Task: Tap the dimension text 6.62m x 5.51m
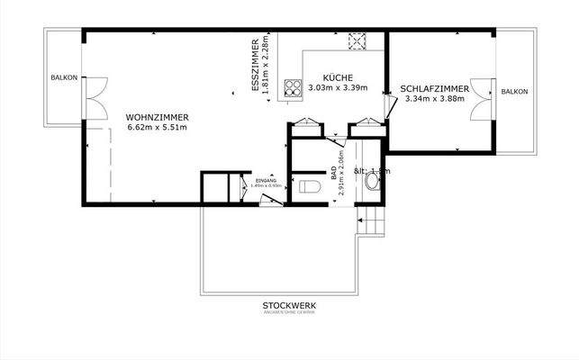coord(157,127)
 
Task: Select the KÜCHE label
coord(336,77)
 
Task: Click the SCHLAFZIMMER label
coord(434,88)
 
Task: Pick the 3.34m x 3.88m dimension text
coord(434,99)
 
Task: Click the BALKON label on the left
coord(63,77)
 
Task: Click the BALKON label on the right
coord(514,93)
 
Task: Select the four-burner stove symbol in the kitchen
coord(293,88)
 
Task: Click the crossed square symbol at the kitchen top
coord(356,40)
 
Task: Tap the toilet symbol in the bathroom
coord(310,188)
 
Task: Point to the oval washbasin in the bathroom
coord(373,180)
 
